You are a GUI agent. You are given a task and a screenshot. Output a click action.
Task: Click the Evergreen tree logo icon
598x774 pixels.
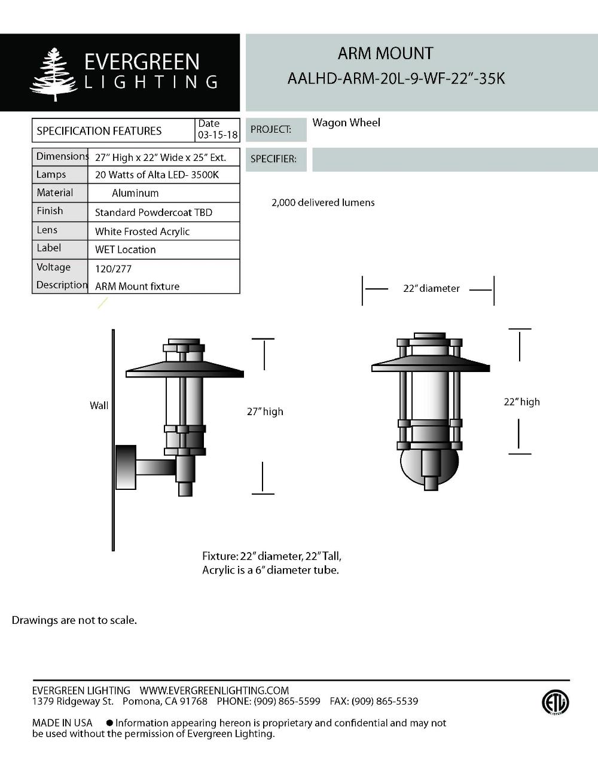point(54,74)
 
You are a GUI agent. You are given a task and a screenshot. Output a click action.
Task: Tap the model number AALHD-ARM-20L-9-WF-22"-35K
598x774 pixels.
point(396,78)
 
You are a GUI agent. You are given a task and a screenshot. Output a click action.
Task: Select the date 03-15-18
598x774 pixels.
point(218,135)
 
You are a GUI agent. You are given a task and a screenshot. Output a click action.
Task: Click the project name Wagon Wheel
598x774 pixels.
point(346,123)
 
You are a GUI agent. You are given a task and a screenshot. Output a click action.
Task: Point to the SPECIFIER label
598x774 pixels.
point(273,159)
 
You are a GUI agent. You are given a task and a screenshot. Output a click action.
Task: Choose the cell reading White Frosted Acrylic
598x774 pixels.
point(142,231)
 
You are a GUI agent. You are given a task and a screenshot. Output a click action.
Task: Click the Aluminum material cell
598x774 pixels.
point(135,193)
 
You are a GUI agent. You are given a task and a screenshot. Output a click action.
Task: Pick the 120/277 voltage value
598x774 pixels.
point(113,269)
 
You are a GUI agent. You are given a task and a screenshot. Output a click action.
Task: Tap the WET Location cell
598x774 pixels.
point(125,250)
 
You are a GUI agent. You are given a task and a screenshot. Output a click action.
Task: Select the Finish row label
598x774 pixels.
point(50,211)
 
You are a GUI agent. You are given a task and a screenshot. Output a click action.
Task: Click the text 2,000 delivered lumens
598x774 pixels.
point(323,203)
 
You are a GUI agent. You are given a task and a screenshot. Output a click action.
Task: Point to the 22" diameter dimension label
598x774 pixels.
point(431,288)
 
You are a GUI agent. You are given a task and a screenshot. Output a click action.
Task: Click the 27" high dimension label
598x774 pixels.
point(265,412)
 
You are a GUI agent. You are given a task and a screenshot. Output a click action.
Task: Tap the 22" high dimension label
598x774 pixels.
point(521,402)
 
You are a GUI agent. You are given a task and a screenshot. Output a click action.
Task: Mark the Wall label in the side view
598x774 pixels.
point(99,406)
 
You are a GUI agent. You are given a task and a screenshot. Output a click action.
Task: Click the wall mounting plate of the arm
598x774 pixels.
point(126,467)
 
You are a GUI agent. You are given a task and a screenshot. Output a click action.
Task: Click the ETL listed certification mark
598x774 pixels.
point(555,702)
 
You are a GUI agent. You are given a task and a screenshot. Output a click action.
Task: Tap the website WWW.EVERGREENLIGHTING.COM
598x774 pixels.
point(214,691)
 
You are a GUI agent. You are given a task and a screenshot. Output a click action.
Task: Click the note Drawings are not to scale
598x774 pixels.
point(74,620)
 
